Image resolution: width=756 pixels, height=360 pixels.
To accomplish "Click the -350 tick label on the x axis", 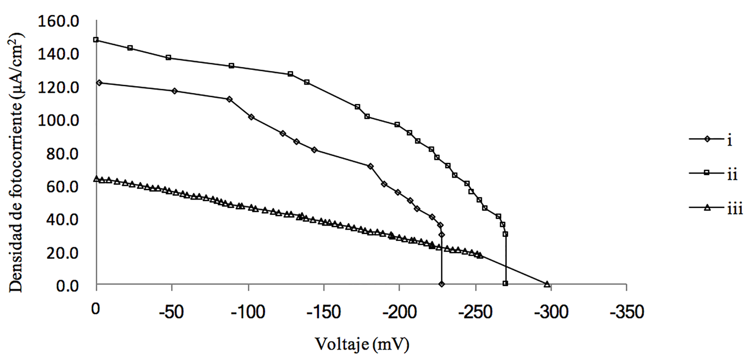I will pos(626,312).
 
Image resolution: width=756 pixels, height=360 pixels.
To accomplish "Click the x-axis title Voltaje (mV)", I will pos(362,344).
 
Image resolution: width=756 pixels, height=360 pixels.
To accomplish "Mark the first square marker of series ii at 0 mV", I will pos(96,40).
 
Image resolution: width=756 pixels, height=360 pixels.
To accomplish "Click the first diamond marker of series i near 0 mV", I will pos(99,83).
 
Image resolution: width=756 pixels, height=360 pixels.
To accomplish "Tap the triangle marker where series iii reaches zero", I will pos(547,284).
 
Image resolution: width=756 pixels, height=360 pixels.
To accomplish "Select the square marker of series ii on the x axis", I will pos(505,284).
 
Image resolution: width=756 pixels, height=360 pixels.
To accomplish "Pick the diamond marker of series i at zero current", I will pos(442,284).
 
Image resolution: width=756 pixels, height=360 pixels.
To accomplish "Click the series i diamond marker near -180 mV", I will pos(370,166).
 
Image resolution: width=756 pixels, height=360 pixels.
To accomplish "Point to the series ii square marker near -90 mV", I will pos(232,66).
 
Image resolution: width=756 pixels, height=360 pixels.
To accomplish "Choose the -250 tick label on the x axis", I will pos(475,312).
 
